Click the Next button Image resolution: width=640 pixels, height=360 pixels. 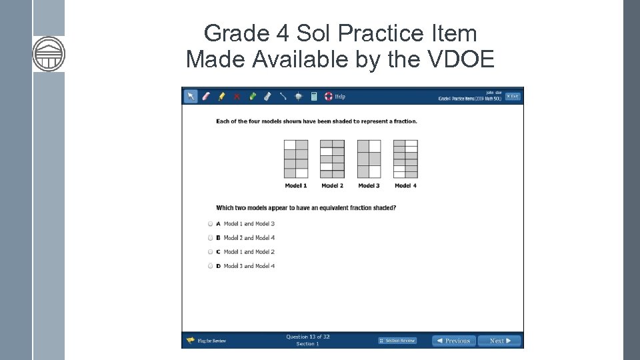click(499, 341)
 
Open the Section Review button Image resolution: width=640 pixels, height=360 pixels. click(397, 341)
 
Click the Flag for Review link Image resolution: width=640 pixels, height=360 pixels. click(207, 341)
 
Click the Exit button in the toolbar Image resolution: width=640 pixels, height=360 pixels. click(512, 96)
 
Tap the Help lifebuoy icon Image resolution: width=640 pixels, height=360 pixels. click(329, 96)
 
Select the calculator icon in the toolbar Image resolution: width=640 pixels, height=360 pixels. click(314, 96)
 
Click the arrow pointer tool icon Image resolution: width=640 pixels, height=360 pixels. click(191, 96)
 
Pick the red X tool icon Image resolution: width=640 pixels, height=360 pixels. click(237, 96)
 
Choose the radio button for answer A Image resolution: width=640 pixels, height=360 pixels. click(210, 224)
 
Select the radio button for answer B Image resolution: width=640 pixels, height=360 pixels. click(210, 238)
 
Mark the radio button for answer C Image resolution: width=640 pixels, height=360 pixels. click(210, 252)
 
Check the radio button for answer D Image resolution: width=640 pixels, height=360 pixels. click(210, 266)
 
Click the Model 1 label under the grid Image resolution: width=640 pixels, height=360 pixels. click(296, 185)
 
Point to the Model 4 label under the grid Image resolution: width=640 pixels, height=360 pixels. click(405, 185)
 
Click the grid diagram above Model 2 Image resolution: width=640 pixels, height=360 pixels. click(332, 159)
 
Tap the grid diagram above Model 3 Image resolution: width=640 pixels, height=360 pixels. click(369, 159)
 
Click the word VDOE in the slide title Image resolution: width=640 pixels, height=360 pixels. click(459, 59)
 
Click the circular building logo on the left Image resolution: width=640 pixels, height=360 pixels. click(49, 54)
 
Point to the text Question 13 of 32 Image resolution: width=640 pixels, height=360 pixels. click(308, 337)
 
